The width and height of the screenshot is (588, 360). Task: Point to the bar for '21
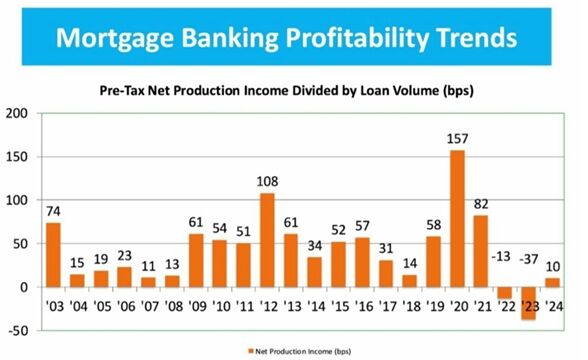(x=481, y=251)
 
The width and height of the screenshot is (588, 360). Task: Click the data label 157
(x=458, y=139)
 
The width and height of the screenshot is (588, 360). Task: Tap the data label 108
(x=267, y=182)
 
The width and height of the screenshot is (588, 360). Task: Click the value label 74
(x=53, y=211)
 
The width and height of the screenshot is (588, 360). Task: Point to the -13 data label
(x=503, y=256)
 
